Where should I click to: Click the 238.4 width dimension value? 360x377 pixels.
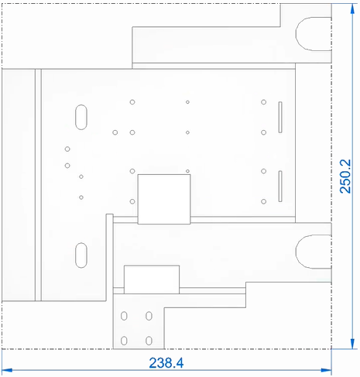[166, 362]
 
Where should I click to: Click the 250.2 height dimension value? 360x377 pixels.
[345, 177]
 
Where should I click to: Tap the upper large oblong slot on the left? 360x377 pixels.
[81, 117]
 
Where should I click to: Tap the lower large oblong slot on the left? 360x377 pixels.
[81, 255]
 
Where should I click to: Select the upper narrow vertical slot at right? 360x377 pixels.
[280, 117]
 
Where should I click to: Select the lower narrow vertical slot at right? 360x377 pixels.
[280, 186]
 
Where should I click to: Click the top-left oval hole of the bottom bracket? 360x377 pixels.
[124, 316]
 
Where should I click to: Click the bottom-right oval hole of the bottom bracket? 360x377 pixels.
[149, 341]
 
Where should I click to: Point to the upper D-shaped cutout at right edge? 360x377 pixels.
[296, 34]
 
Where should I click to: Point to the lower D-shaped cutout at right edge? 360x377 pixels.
[296, 252]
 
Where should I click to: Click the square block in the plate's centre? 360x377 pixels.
[164, 199]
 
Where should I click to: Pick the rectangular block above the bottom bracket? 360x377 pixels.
[152, 279]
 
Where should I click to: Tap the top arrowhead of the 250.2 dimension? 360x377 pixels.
[352, 9]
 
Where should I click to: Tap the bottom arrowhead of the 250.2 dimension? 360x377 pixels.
[352, 344]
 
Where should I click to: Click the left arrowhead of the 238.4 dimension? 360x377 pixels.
[7, 370]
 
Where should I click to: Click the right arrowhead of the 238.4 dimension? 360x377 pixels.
[326, 370]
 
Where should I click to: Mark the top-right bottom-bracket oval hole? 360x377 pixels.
[149, 316]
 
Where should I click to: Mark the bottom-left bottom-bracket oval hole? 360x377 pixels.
[124, 341]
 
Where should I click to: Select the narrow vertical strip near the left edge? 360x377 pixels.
[38, 185]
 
